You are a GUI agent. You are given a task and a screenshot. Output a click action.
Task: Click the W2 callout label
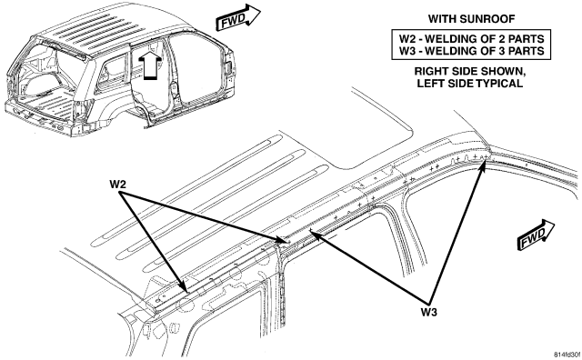(117, 184)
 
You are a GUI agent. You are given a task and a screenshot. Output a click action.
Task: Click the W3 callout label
(428, 312)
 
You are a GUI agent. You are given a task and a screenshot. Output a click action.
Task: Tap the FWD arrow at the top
(238, 18)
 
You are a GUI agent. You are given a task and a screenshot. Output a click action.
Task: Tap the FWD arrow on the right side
(536, 235)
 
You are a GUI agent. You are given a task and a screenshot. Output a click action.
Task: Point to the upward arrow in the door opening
(150, 65)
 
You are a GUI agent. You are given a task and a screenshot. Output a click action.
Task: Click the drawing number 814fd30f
(567, 355)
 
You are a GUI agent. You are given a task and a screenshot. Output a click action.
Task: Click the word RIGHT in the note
(428, 71)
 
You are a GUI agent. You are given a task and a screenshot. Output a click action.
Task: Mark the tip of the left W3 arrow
(309, 230)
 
